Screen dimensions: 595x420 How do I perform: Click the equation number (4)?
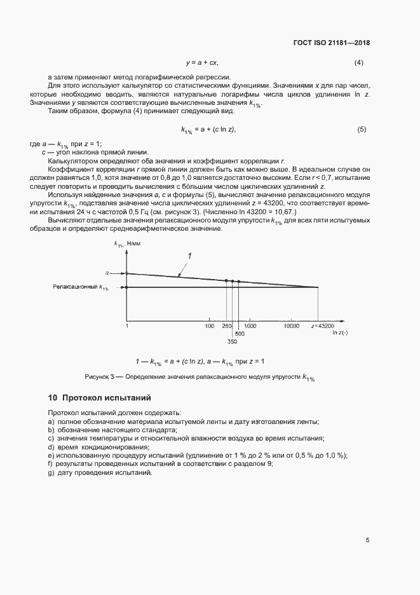tap(358, 63)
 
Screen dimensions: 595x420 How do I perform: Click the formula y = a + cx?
tap(202, 63)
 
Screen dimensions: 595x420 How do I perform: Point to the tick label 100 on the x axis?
tap(209, 325)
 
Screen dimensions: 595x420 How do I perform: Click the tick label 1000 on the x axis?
tap(250, 325)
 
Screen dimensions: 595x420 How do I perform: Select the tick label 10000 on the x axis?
tap(292, 325)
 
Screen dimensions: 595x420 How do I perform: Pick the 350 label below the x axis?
tap(233, 341)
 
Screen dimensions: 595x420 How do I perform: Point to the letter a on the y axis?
tap(107, 273)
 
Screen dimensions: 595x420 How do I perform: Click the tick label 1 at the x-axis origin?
tap(127, 325)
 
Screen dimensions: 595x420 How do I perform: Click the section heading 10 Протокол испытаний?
tap(99, 398)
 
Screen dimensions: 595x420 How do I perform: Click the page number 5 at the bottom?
tap(367, 540)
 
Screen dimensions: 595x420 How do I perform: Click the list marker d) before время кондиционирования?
tap(51, 447)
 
